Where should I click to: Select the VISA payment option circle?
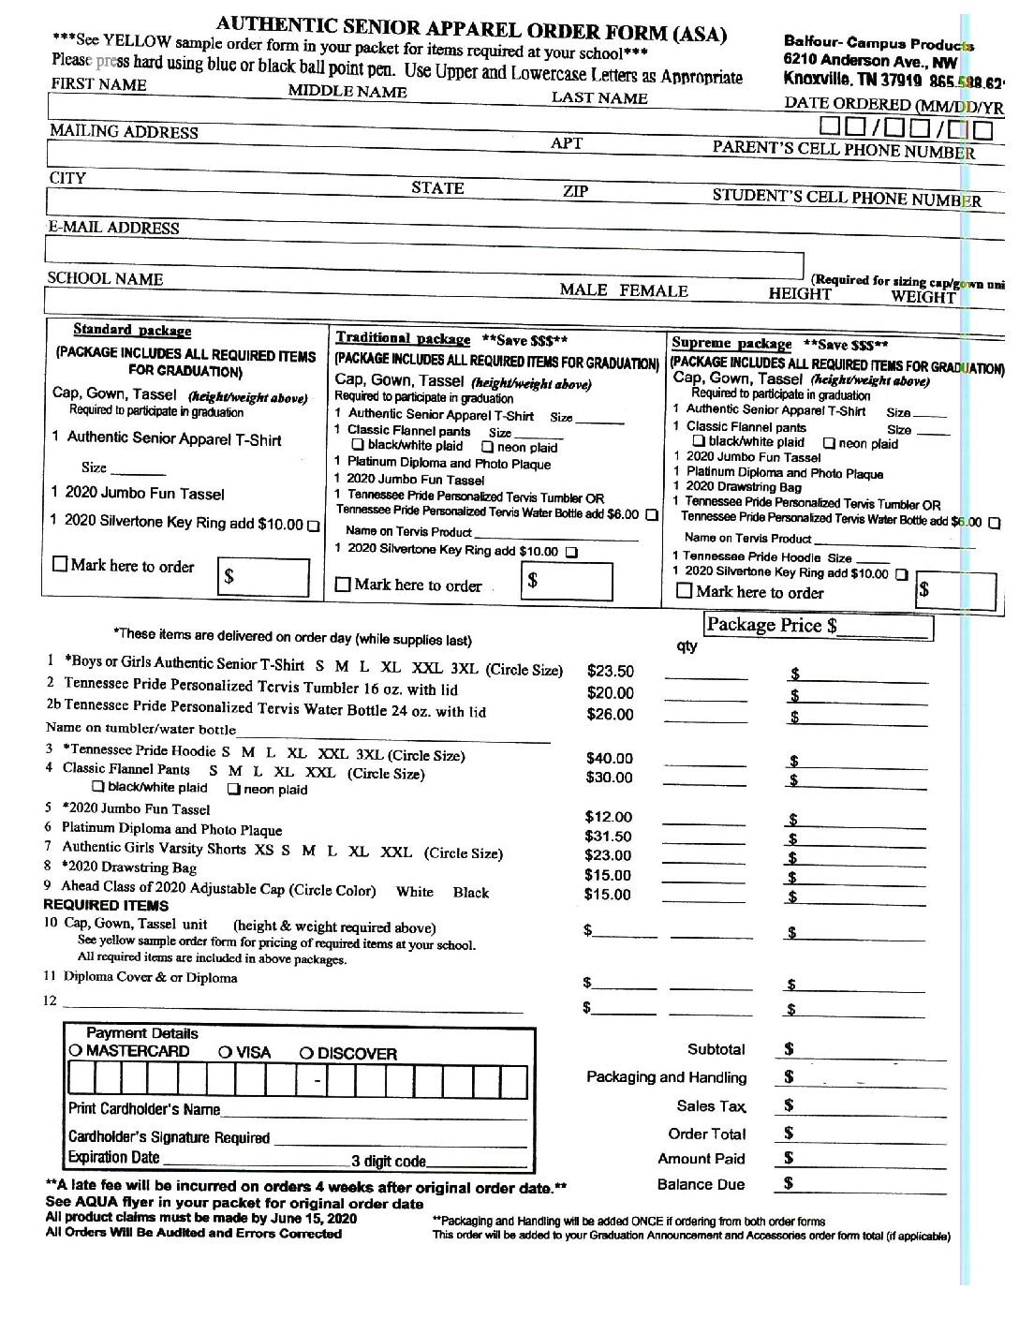pyautogui.click(x=225, y=1052)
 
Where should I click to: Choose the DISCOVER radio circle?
pyautogui.click(x=306, y=1053)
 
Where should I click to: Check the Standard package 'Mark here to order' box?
pyautogui.click(x=61, y=565)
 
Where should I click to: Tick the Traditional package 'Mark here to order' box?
pyautogui.click(x=343, y=585)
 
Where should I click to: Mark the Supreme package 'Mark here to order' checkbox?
pyautogui.click(x=685, y=591)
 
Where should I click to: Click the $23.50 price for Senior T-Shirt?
pyautogui.click(x=610, y=671)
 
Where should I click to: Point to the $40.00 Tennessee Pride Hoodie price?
pyautogui.click(x=609, y=758)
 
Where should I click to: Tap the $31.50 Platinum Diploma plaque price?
pyautogui.click(x=608, y=836)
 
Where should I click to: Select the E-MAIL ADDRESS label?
pyautogui.click(x=113, y=228)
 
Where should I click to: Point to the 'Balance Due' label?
pyautogui.click(x=701, y=1184)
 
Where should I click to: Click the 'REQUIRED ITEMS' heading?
pyautogui.click(x=106, y=905)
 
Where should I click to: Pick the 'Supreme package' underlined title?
pyautogui.click(x=731, y=344)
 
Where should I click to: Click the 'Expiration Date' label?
pyautogui.click(x=113, y=1157)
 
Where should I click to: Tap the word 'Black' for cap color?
pyautogui.click(x=470, y=892)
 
